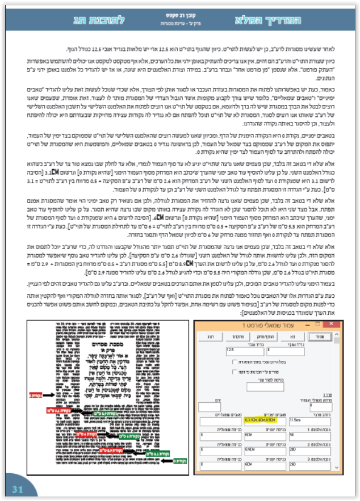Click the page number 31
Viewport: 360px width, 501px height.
tap(16, 489)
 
